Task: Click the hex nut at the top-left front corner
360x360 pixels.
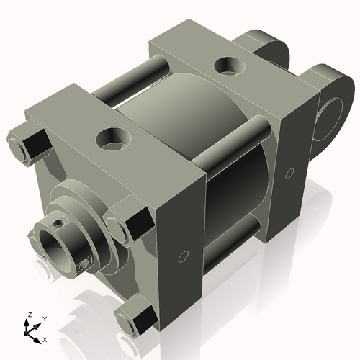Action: (x=24, y=143)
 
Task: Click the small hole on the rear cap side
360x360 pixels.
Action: (x=289, y=173)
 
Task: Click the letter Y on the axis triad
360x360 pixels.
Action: (x=44, y=318)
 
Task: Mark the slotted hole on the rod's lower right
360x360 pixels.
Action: (x=85, y=266)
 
